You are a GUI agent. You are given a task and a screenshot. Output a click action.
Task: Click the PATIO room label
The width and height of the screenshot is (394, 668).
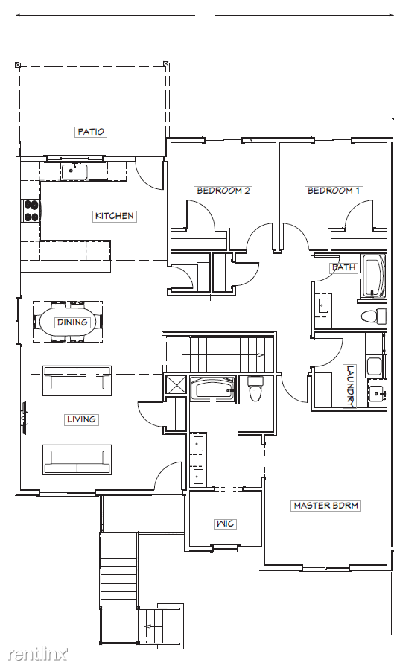point(91,132)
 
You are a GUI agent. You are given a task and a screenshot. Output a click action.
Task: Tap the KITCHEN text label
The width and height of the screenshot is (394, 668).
point(114,216)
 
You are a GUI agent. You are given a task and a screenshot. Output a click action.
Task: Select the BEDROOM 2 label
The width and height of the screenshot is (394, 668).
point(223,191)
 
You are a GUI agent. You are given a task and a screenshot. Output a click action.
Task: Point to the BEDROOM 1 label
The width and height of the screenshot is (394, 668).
point(334,191)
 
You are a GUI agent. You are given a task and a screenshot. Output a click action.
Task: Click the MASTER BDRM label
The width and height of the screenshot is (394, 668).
point(325,506)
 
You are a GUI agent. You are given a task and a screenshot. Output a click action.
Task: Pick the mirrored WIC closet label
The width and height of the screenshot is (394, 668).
point(226,524)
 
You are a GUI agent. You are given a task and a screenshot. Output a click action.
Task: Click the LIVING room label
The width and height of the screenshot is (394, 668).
point(81,419)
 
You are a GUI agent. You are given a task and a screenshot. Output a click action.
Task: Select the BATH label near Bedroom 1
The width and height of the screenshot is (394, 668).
point(343,267)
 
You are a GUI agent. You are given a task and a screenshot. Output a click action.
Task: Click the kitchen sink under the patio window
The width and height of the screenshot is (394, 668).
point(74,171)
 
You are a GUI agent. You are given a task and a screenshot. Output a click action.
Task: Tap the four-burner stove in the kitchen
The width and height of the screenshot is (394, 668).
point(31,211)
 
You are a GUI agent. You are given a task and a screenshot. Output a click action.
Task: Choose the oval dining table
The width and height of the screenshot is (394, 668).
point(72,322)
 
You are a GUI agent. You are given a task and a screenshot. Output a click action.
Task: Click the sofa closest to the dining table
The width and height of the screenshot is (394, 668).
point(77,381)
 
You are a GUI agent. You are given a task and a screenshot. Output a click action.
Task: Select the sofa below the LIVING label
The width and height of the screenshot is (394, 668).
point(77,459)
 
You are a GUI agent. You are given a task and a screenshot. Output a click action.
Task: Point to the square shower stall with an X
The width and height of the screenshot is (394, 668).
point(177,386)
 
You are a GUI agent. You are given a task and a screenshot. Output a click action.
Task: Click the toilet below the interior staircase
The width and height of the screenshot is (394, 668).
point(255,389)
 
